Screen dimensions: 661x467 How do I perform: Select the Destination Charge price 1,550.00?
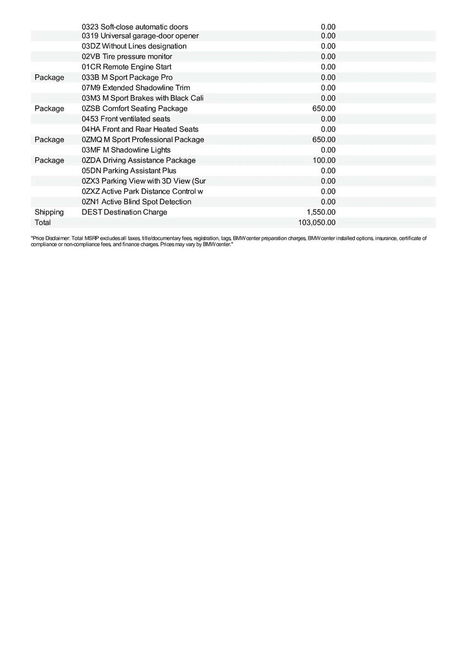pos(321,212)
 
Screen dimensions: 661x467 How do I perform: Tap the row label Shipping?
pos(49,212)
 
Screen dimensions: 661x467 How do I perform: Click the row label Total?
pos(42,223)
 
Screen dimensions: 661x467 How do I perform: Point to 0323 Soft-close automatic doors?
pos(135,26)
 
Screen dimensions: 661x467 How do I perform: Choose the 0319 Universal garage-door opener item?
pos(140,36)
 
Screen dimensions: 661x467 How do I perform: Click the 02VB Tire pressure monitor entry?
pos(127,56)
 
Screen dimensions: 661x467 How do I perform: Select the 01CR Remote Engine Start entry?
pos(127,67)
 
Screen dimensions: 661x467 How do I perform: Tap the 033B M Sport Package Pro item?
pos(127,77)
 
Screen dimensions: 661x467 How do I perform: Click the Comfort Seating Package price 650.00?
pos(323,109)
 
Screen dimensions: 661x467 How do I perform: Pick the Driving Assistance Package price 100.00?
pos(323,160)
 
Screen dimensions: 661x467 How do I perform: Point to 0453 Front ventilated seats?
pos(126,118)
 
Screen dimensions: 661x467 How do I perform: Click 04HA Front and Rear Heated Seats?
pos(140,129)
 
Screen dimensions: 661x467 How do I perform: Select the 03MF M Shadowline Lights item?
pos(126,150)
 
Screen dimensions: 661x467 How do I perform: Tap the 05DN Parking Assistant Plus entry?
pos(129,171)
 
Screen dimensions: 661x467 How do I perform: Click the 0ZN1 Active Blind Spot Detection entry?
pos(136,202)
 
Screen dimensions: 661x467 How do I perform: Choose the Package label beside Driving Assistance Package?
pos(49,160)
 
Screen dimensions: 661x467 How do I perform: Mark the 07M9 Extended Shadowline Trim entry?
pos(135,88)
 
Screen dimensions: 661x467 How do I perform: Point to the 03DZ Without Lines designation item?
pos(134,46)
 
